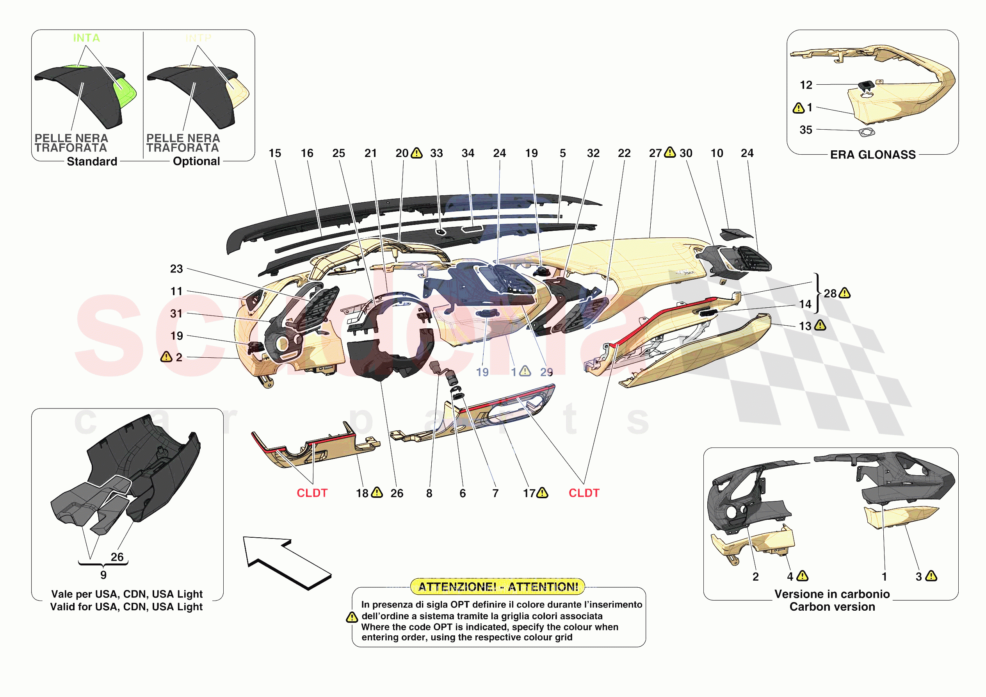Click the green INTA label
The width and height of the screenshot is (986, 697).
86,38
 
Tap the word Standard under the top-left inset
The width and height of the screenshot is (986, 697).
92,162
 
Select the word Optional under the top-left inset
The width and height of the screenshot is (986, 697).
196,161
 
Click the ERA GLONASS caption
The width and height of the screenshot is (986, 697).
873,155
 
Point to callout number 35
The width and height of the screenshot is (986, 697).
806,130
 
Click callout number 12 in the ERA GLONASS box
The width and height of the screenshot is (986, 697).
806,85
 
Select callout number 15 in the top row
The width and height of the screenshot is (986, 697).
275,153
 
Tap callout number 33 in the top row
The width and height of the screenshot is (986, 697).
436,153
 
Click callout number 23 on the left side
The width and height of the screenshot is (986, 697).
176,269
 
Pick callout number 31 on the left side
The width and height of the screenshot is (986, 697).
176,314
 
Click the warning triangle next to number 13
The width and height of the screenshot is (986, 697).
820,325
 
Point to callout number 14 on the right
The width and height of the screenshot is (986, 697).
805,304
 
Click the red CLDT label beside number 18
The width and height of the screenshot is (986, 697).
312,493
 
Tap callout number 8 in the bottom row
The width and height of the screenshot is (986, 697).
429,493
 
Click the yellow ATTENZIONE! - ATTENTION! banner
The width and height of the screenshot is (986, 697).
498,586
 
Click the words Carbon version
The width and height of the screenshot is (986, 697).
832,607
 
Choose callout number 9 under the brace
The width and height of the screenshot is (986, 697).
103,575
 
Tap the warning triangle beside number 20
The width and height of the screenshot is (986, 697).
416,153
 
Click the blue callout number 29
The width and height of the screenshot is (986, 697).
546,372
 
